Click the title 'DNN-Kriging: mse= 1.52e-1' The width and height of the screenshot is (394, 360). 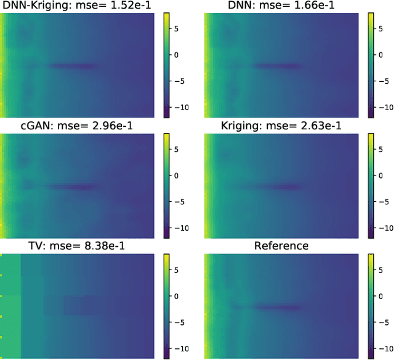[77, 6]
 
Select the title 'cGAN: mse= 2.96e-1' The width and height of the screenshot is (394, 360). [77, 126]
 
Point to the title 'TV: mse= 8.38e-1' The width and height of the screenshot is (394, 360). [77, 246]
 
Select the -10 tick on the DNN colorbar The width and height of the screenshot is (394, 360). [385, 108]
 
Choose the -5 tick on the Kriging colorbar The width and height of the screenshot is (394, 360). [384, 201]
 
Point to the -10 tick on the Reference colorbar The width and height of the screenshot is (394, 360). [385, 348]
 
